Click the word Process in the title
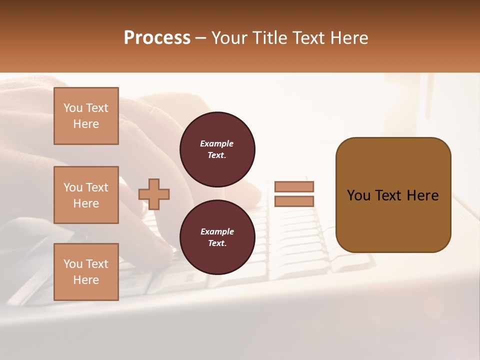[157, 38]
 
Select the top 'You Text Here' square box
[86, 116]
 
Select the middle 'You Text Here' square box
[86, 195]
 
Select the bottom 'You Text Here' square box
[86, 272]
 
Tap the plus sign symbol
[154, 194]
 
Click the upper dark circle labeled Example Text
[217, 149]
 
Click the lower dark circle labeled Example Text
[217, 237]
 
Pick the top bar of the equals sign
[294, 186]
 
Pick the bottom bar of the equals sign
[294, 201]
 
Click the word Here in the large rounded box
[422, 195]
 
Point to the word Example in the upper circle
[217, 143]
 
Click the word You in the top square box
[73, 108]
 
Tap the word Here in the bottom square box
[86, 280]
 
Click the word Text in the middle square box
[96, 187]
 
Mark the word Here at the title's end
[350, 38]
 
